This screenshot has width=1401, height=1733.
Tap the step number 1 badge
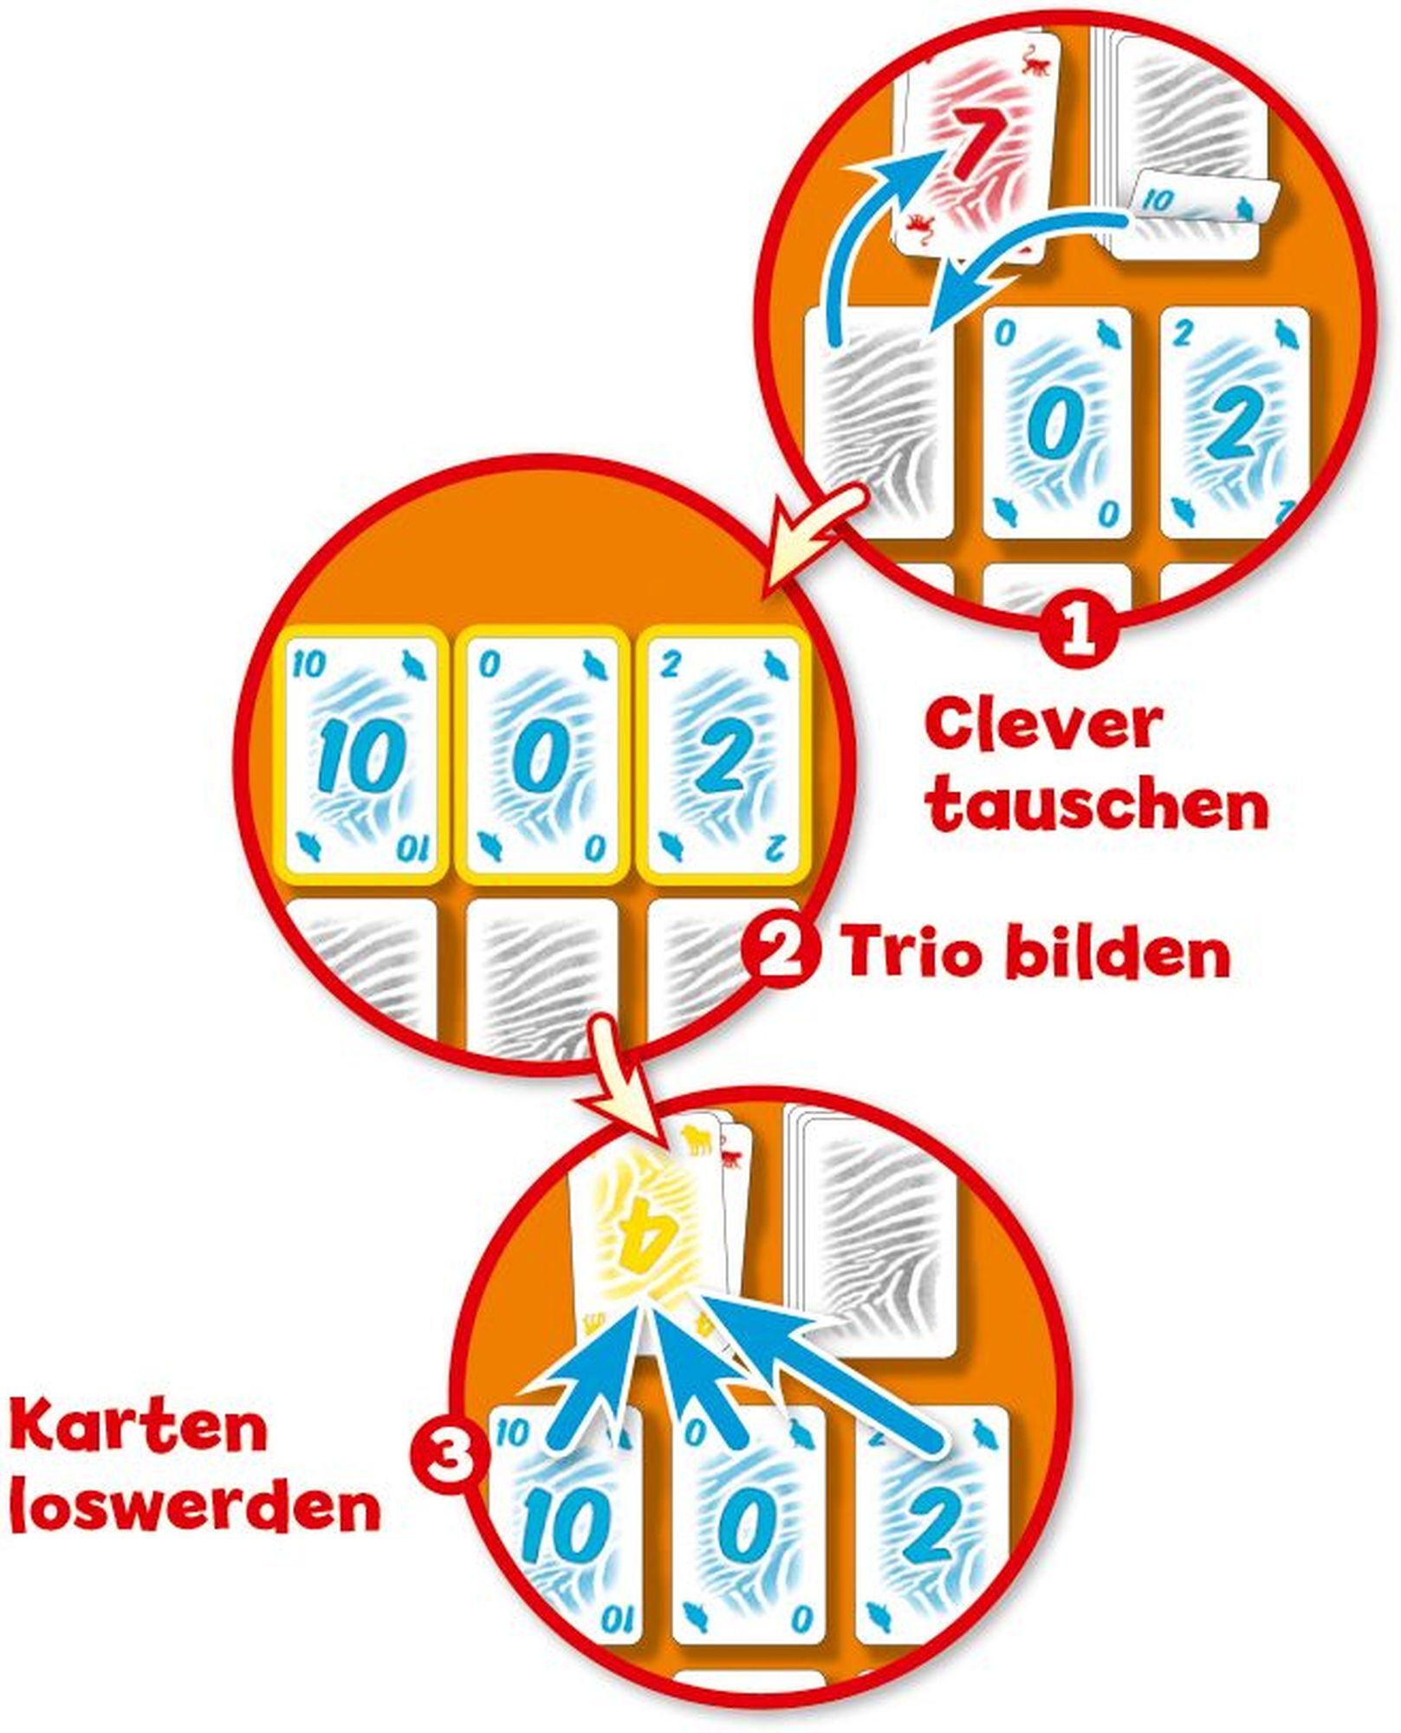1077,635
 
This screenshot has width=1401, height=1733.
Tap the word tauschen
1098,806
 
